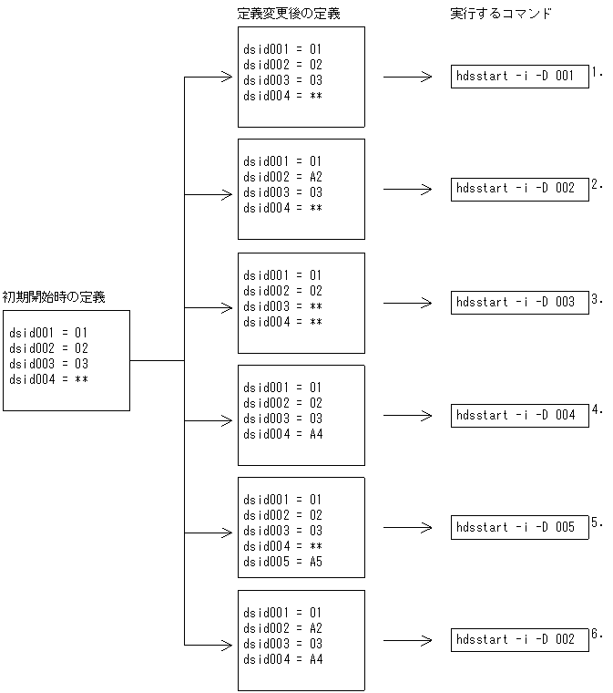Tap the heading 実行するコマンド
(500, 14)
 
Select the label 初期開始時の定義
(54, 296)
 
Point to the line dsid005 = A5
(282, 562)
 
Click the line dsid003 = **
(282, 306)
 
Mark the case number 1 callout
(596, 71)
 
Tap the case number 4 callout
(596, 409)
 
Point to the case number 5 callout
(596, 522)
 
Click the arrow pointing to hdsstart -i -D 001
(407, 78)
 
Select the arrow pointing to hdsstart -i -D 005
(407, 528)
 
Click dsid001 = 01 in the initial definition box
(48, 333)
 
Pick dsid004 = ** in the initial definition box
(48, 379)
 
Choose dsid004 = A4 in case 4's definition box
(282, 434)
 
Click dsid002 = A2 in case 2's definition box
(282, 177)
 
